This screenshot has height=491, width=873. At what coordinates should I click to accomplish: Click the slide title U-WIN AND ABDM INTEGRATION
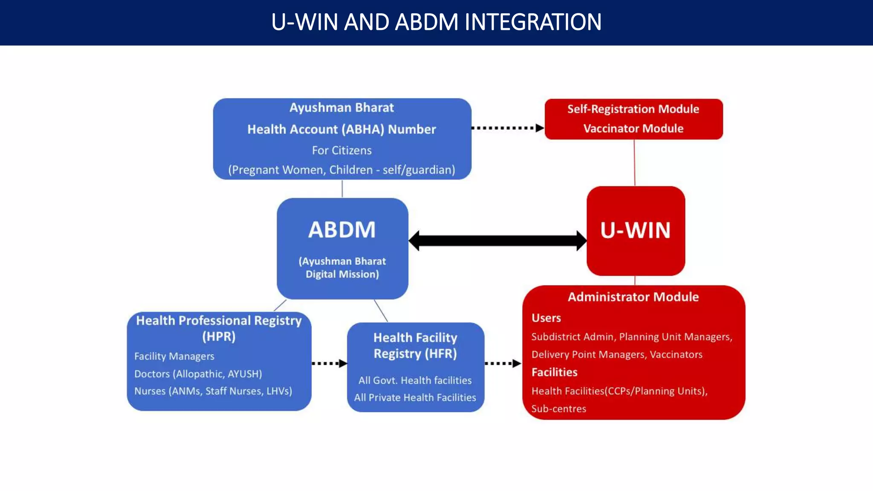pyautogui.click(x=436, y=22)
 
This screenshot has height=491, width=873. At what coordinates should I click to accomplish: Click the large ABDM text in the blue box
pyautogui.click(x=342, y=230)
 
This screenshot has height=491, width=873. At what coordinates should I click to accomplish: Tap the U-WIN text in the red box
pyautogui.click(x=635, y=230)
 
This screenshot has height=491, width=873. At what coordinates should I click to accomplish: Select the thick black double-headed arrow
pyautogui.click(x=497, y=240)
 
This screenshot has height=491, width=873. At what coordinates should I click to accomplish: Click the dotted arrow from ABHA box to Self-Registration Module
pyautogui.click(x=507, y=128)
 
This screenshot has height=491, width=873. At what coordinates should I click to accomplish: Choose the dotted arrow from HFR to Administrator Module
pyautogui.click(x=503, y=364)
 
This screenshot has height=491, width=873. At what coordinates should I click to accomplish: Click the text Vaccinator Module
pyautogui.click(x=633, y=128)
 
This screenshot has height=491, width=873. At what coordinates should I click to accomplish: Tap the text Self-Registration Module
pyautogui.click(x=633, y=109)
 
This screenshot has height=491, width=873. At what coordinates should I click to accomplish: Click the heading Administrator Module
pyautogui.click(x=633, y=297)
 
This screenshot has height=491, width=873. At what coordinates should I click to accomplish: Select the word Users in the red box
pyautogui.click(x=546, y=318)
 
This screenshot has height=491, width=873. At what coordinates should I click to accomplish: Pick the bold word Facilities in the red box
pyautogui.click(x=554, y=373)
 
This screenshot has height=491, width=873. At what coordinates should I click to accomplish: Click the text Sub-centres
pyautogui.click(x=558, y=409)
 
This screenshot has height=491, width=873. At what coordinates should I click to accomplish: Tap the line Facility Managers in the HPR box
pyautogui.click(x=174, y=356)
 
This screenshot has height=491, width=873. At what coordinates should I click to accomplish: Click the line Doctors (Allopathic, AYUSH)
pyautogui.click(x=198, y=374)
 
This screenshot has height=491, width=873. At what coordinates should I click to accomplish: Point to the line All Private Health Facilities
pyautogui.click(x=415, y=398)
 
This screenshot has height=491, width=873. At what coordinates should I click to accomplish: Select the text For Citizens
pyautogui.click(x=341, y=150)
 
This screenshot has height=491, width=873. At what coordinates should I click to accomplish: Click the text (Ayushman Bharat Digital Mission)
pyautogui.click(x=342, y=268)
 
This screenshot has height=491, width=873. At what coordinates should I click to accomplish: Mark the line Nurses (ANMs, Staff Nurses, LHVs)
pyautogui.click(x=213, y=391)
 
